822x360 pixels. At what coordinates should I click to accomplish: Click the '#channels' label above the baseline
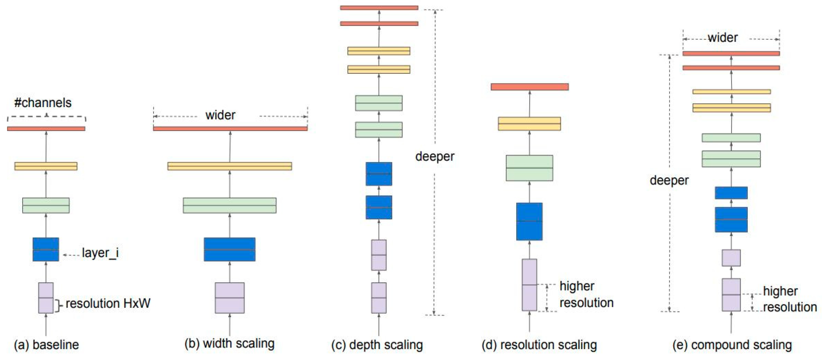tap(43, 103)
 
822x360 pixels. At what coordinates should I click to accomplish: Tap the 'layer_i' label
tap(100, 253)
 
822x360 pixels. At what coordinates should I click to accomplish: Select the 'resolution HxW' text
tap(108, 303)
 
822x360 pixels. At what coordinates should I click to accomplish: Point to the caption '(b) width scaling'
tap(229, 343)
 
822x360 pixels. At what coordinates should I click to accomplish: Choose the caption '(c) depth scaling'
tap(377, 345)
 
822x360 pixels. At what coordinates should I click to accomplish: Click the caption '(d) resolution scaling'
tap(539, 345)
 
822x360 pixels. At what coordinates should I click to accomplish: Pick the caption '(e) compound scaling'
tap(732, 345)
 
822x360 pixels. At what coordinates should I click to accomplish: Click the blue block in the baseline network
tap(46, 249)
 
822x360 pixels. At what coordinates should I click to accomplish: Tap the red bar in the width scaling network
tap(230, 129)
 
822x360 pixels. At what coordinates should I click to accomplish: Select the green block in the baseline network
tap(46, 205)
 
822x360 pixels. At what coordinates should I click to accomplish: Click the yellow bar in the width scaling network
tap(230, 166)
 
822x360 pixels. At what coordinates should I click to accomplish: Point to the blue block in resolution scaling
tap(529, 221)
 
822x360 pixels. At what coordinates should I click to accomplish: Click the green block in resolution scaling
tap(529, 168)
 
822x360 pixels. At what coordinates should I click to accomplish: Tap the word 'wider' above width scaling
tap(220, 115)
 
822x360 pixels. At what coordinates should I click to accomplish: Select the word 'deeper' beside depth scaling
tap(434, 157)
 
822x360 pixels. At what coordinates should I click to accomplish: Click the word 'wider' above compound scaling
tap(723, 38)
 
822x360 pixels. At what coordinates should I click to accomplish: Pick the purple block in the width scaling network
tap(230, 298)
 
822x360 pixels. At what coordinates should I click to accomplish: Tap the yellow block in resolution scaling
tap(529, 123)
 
